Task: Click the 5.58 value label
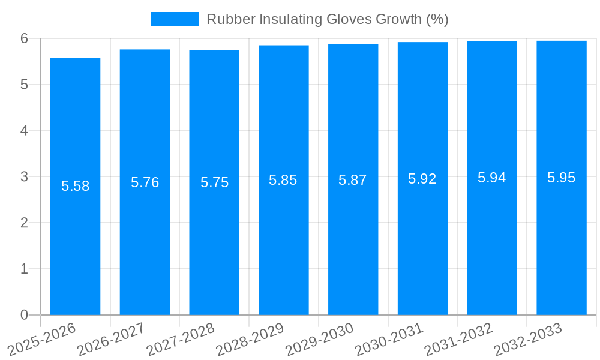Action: pos(75,186)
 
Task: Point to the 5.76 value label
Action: pos(145,182)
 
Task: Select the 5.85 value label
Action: pos(283,180)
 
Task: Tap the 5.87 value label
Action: pos(353,180)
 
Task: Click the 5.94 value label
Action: pos(492,178)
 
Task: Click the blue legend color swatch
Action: pos(175,19)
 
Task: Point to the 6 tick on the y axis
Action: pos(24,38)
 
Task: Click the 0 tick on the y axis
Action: pos(24,315)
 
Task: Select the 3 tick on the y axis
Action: pos(24,177)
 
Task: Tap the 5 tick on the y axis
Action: pos(24,85)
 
